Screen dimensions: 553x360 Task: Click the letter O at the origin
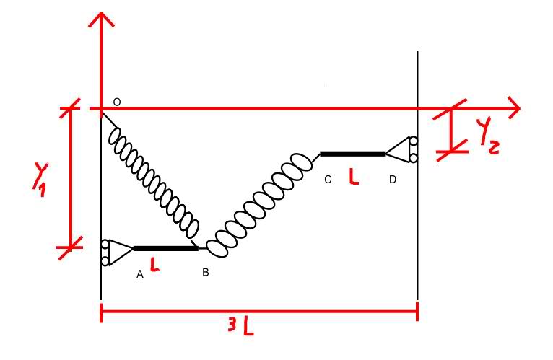point(116,103)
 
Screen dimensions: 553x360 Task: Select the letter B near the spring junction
point(206,272)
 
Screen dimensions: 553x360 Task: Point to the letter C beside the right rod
point(328,179)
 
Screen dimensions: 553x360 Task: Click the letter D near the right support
point(392,179)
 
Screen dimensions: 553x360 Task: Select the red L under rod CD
point(353,176)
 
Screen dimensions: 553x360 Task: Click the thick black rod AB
point(165,248)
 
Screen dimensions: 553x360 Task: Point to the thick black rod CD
point(352,154)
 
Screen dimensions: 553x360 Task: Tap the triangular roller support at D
point(401,150)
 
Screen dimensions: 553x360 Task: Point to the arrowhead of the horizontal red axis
point(512,109)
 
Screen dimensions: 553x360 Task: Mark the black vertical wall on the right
point(418,216)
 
